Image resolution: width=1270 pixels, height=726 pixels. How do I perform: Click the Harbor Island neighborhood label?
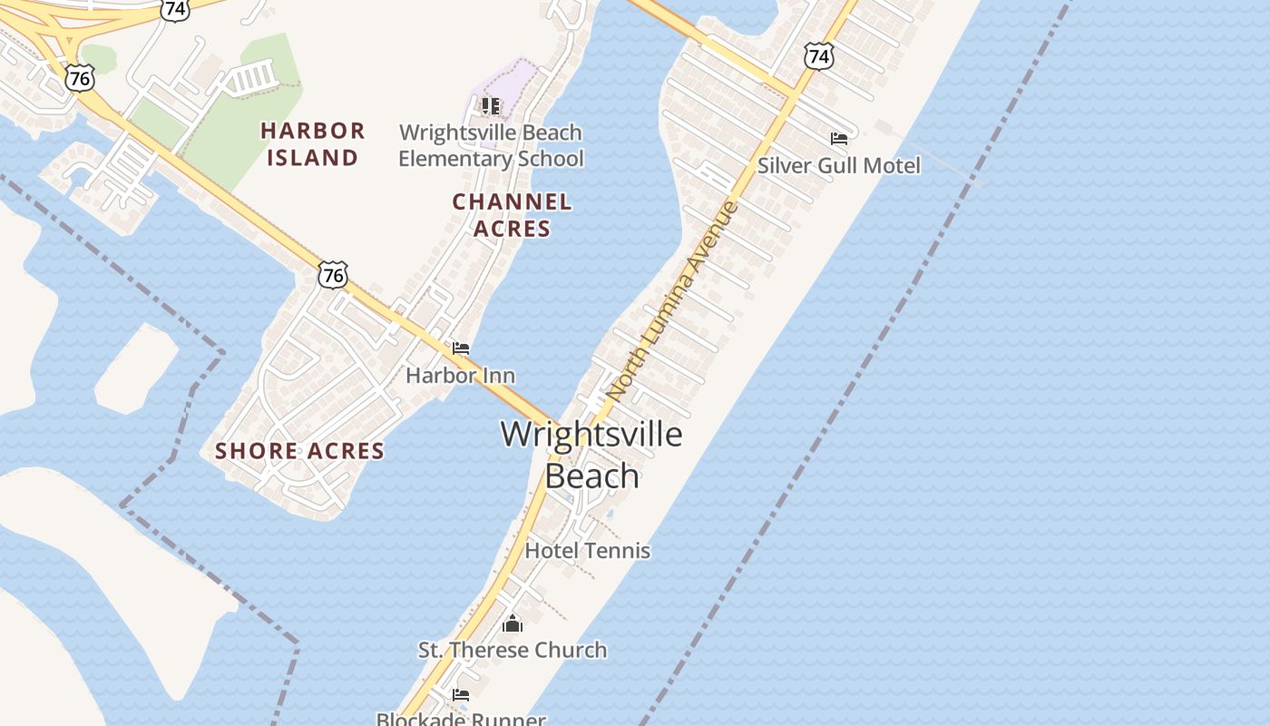(313, 144)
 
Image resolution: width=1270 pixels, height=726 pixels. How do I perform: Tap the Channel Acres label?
(512, 215)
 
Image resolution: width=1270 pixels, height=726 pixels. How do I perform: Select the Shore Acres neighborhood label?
(299, 451)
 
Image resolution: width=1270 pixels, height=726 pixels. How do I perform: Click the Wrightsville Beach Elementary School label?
(491, 145)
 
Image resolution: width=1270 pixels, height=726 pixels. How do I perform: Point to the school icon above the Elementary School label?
(491, 106)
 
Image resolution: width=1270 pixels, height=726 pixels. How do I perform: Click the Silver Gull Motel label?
(838, 165)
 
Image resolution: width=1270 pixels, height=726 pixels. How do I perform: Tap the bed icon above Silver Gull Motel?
(839, 139)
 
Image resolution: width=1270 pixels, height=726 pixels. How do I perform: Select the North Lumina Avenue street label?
(672, 301)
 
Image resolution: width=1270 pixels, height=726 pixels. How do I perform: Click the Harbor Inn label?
(460, 375)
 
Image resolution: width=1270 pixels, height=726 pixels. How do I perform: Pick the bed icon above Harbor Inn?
(461, 348)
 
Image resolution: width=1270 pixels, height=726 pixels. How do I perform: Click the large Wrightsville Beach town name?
(591, 455)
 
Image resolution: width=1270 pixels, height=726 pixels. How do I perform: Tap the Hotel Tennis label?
(588, 550)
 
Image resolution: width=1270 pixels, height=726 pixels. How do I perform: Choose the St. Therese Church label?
(513, 650)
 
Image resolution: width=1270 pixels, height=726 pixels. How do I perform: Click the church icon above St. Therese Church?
(513, 623)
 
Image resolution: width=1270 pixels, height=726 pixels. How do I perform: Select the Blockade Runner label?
(461, 719)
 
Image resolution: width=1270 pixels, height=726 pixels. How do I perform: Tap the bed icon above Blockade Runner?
(461, 695)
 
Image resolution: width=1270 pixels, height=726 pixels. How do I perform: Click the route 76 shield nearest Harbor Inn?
(333, 274)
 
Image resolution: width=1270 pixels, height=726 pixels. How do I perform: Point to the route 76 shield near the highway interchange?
(80, 78)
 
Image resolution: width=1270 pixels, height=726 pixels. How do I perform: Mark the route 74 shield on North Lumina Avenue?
(818, 56)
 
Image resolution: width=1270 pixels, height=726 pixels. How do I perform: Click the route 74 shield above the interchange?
(175, 9)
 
